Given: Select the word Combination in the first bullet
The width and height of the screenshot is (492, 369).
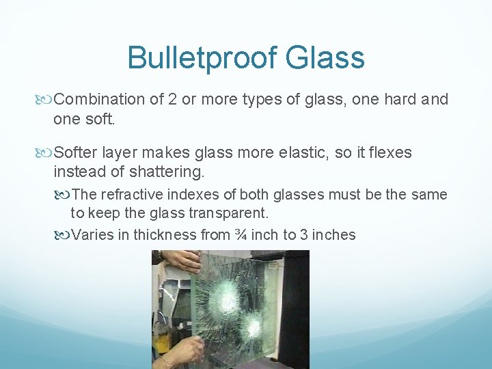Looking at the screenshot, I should (x=99, y=100).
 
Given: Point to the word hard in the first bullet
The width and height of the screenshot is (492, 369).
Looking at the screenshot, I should (x=402, y=100).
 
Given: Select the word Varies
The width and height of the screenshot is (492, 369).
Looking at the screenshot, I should (x=91, y=234).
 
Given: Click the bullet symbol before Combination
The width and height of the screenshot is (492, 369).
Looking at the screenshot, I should (x=46, y=100).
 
